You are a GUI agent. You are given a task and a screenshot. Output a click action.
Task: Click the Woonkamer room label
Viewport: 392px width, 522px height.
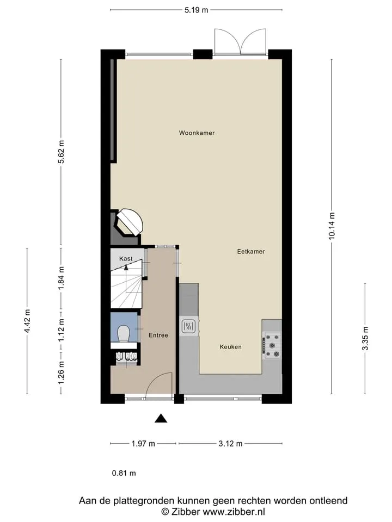[x=197, y=133]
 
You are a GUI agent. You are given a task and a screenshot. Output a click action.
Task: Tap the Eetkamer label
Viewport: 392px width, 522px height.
[x=251, y=252]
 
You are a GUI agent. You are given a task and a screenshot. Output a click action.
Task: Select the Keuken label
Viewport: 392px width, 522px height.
[x=231, y=347]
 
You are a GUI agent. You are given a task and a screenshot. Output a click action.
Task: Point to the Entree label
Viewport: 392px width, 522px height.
[x=158, y=335]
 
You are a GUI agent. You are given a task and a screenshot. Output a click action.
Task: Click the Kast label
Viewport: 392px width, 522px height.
[x=126, y=259]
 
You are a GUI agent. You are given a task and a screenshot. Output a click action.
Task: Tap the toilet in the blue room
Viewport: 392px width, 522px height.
[x=124, y=333]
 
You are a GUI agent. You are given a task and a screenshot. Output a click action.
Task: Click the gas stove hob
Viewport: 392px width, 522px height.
[x=273, y=345]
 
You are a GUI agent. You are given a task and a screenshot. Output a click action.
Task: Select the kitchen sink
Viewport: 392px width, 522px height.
[x=189, y=326]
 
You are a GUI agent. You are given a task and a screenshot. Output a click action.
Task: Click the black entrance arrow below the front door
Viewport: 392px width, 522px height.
[x=161, y=418]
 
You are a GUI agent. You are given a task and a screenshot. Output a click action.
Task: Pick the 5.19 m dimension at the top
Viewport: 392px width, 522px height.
[x=197, y=10]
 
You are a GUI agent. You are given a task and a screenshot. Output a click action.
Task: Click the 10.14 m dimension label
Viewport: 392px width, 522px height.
[x=332, y=226]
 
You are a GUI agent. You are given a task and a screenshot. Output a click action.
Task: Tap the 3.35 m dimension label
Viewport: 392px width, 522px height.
[x=365, y=338]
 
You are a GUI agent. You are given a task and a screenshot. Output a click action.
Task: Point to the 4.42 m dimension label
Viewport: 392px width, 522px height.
[x=27, y=321]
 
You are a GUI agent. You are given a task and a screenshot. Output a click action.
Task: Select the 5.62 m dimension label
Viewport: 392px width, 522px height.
[x=61, y=152]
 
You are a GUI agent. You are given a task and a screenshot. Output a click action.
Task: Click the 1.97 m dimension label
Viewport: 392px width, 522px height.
[x=143, y=444]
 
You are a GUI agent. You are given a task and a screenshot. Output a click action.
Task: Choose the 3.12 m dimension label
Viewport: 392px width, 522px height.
[x=231, y=444]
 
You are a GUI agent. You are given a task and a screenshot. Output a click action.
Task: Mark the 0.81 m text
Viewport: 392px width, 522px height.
[x=124, y=473]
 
